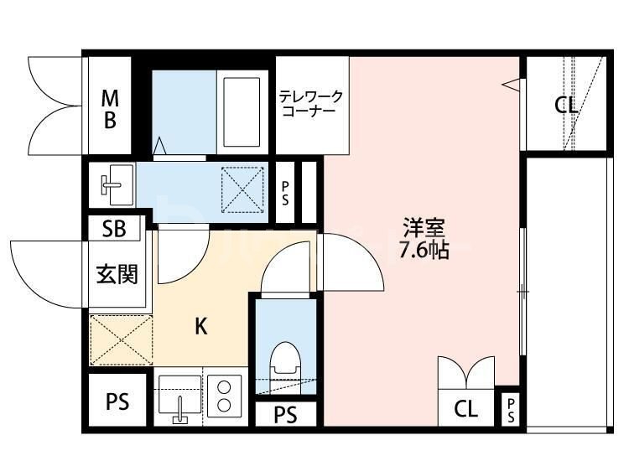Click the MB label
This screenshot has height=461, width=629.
pyautogui.click(x=110, y=108)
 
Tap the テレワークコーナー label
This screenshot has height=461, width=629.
pyautogui.click(x=311, y=104)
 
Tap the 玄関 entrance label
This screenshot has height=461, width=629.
pyautogui.click(x=116, y=273)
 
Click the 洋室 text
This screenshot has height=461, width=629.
pyautogui.click(x=424, y=227)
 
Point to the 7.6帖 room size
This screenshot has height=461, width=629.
pyautogui.click(x=424, y=251)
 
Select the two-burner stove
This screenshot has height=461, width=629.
pyautogui.click(x=225, y=395)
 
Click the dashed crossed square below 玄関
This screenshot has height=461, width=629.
pyautogui.click(x=120, y=339)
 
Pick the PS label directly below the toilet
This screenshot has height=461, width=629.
pyautogui.click(x=286, y=414)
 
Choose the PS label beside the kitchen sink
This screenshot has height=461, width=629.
pyautogui.click(x=117, y=402)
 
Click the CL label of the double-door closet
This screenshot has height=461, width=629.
pyautogui.click(x=466, y=410)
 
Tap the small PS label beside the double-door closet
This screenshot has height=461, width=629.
pyautogui.click(x=510, y=410)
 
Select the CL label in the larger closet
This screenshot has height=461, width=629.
pyautogui.click(x=566, y=106)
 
